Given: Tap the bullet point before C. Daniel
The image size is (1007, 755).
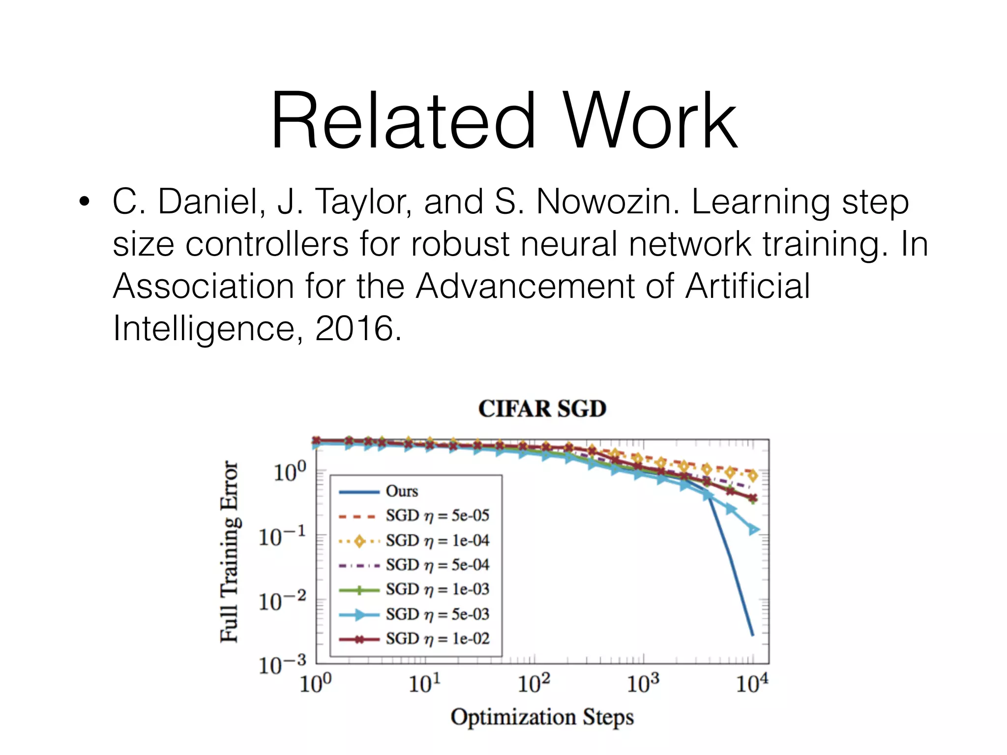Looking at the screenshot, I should tap(85, 202).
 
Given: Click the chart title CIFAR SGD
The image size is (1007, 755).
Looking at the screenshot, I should tap(542, 409).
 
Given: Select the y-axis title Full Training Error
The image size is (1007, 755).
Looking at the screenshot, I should tap(229, 552).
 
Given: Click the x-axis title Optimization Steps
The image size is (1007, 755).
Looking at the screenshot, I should tap(542, 717).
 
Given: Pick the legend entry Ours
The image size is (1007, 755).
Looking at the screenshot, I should tap(402, 491).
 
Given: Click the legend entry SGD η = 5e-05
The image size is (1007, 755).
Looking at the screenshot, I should tap(437, 516).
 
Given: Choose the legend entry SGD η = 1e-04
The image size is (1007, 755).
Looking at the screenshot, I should tap(437, 540).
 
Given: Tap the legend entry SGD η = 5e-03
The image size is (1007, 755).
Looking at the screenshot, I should tap(437, 614).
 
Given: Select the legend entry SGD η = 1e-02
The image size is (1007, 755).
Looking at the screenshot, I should tap(437, 639).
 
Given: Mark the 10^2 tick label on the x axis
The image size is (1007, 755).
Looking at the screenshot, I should tap(533, 683).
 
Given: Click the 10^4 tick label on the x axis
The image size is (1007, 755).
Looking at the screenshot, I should tap(751, 683).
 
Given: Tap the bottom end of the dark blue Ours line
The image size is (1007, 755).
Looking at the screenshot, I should tap(752, 635).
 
